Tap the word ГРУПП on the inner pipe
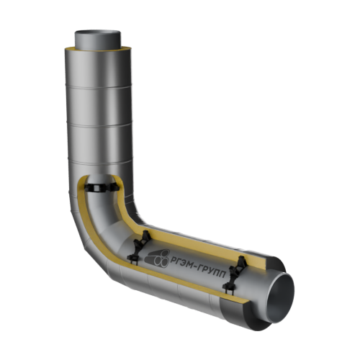coord(212,271)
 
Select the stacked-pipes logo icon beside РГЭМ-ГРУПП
coord(157,258)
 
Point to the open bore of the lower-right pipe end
coord(281,298)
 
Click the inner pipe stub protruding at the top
coord(98,40)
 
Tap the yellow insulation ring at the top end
coord(98,49)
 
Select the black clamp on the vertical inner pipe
coord(102,187)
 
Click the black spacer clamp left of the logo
coord(139,247)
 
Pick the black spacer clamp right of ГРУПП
coord(235,274)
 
